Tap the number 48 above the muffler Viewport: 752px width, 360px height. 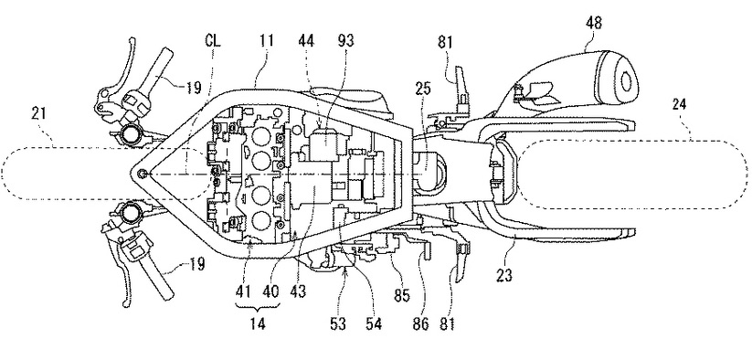click(x=593, y=23)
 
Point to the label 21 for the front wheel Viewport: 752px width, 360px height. click(x=39, y=113)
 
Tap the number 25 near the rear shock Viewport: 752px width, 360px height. click(x=422, y=90)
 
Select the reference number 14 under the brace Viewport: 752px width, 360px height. click(x=258, y=323)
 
